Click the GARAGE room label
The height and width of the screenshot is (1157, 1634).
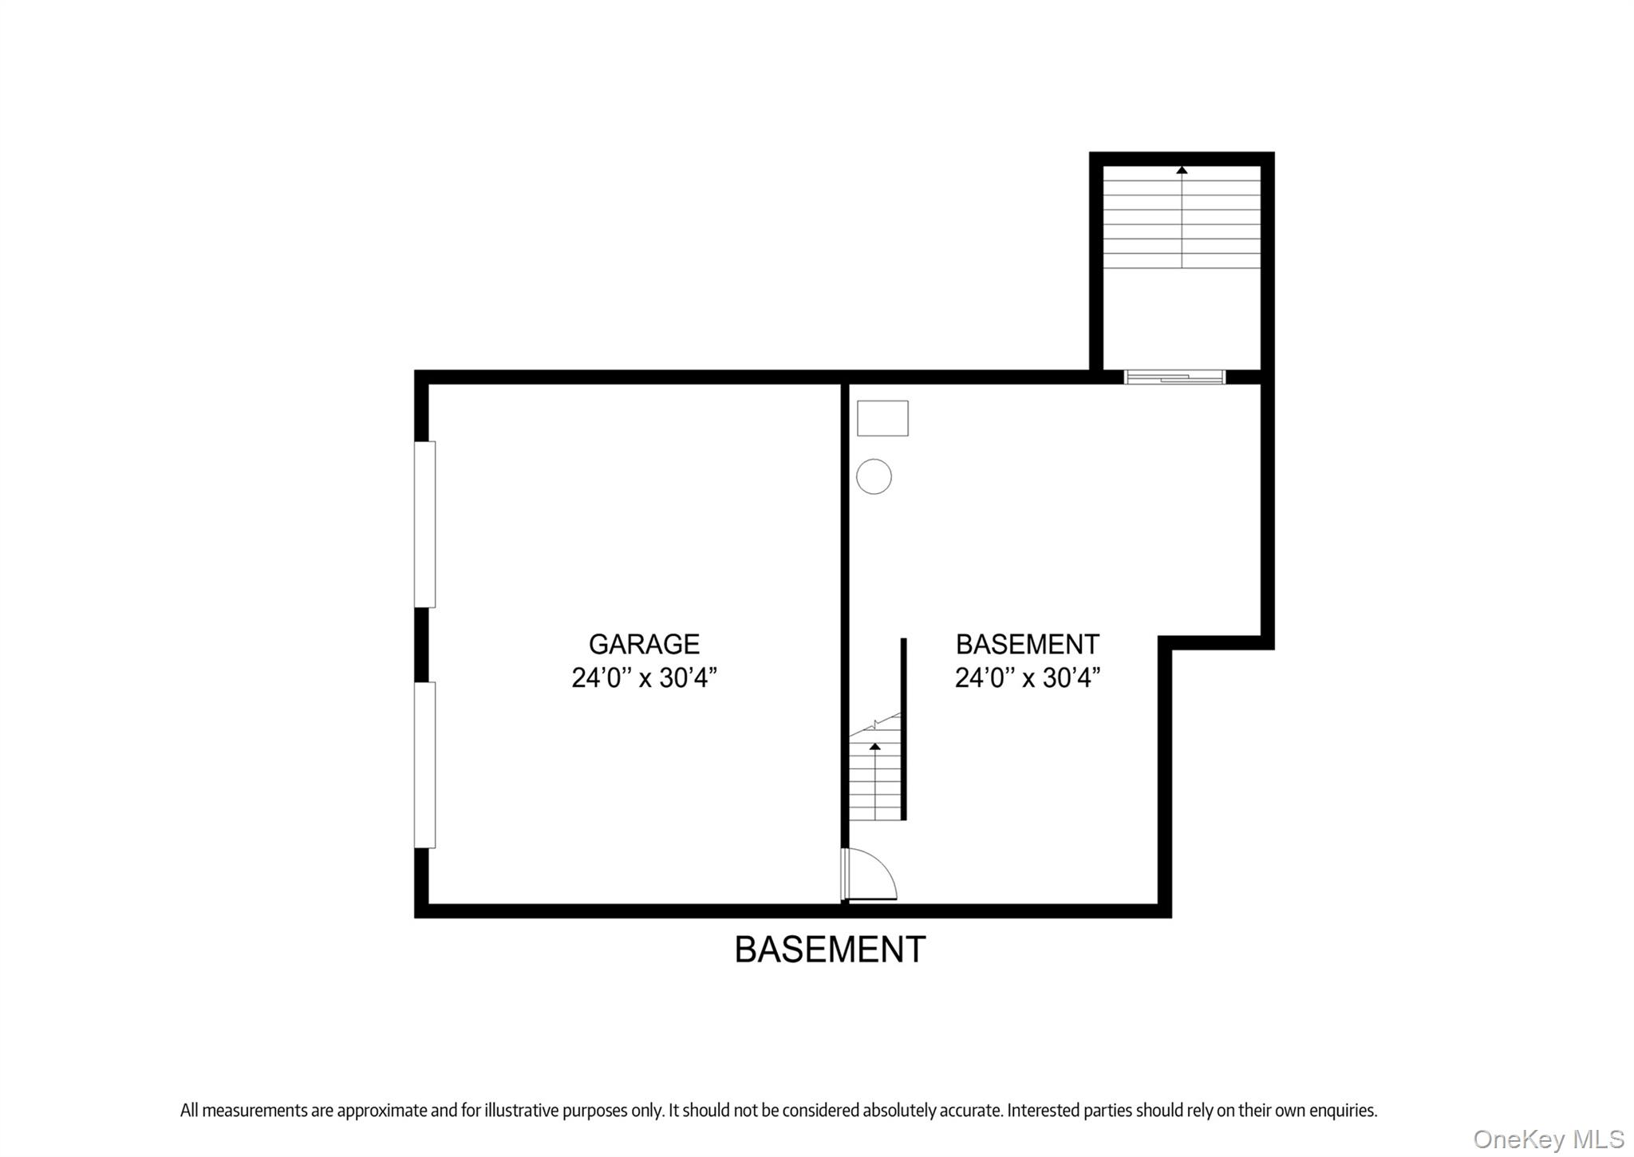click(644, 644)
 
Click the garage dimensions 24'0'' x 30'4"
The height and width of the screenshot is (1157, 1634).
click(644, 678)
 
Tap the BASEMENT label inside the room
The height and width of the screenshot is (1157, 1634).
click(1027, 644)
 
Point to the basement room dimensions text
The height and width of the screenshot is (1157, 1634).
click(1027, 678)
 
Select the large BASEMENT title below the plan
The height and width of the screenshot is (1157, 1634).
click(830, 950)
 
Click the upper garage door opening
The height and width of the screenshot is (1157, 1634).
click(424, 524)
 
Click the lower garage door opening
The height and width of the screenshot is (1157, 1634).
click(424, 764)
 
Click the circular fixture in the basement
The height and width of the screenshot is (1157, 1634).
click(874, 476)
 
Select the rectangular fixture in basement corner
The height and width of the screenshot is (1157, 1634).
click(882, 418)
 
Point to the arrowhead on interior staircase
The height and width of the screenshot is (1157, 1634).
click(875, 746)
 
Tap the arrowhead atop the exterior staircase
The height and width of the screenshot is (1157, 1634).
click(1182, 170)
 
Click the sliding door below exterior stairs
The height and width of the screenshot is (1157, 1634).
click(1174, 377)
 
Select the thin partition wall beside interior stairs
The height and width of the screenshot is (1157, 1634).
click(904, 728)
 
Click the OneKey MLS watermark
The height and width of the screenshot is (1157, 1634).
click(1549, 1139)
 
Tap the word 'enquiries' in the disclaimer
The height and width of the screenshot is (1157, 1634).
click(1344, 1110)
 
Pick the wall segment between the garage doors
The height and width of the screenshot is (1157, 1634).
click(422, 645)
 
